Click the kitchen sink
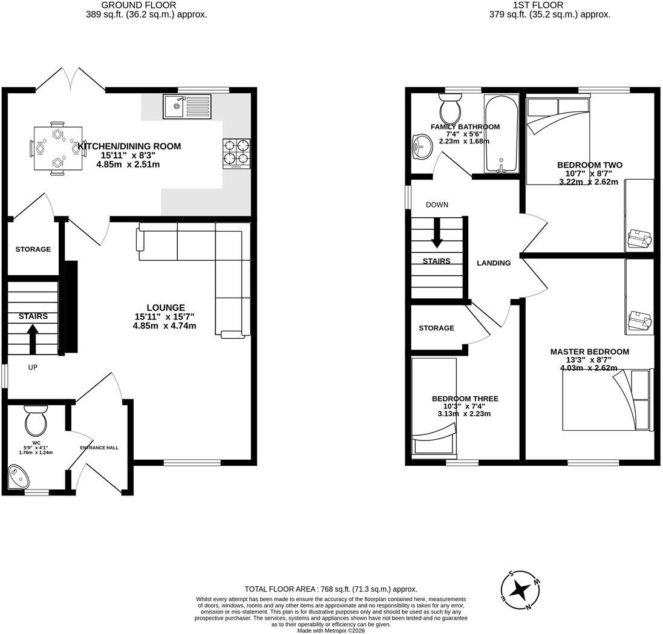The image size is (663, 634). pos(187,106)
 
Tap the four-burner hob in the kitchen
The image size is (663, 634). pos(237,154)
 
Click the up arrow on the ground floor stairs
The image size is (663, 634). pos(33,338)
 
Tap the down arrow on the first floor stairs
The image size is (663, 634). pos(436,233)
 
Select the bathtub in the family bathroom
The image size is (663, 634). pos(501,134)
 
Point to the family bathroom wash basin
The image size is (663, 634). pos(422,147)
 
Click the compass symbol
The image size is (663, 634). pos(520,590)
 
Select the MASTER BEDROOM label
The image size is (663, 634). pos(589,351)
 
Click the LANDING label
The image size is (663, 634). pos(494,263)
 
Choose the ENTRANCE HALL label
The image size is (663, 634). pos(99,448)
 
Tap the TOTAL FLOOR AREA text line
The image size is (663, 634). pos(331,589)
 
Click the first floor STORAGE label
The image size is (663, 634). pos(436,328)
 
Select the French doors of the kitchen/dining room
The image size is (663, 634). pos(71,79)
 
